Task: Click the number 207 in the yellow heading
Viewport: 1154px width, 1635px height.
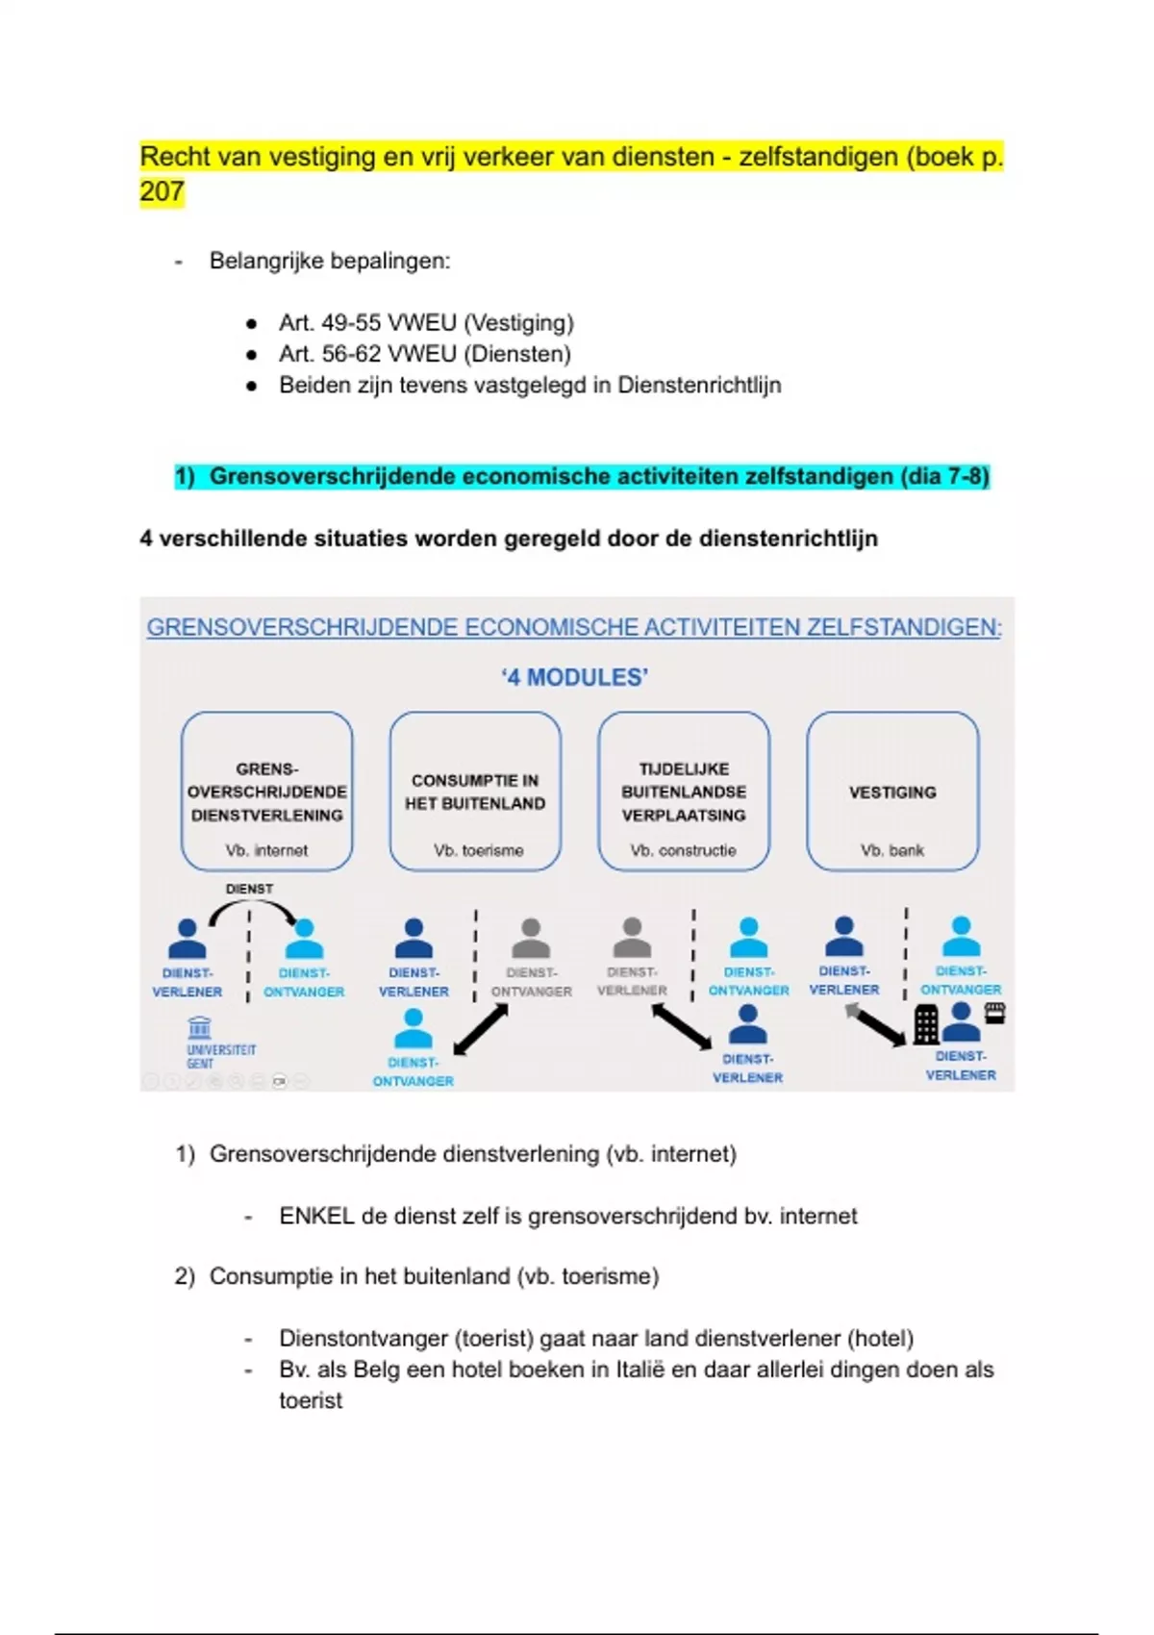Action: click(162, 191)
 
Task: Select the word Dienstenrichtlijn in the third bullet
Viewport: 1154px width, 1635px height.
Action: click(699, 386)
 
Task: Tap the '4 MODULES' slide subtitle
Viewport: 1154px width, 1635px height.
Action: click(575, 678)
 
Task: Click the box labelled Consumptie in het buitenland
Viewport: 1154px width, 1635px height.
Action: click(475, 791)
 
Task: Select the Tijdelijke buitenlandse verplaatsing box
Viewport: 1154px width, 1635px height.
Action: click(684, 791)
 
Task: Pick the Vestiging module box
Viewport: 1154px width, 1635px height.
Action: click(892, 791)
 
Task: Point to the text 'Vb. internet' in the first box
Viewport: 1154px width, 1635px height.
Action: click(266, 851)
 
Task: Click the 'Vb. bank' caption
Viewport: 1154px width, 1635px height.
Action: click(892, 851)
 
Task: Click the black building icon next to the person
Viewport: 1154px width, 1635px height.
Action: click(926, 1024)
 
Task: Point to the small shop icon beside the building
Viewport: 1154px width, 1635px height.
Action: click(995, 1012)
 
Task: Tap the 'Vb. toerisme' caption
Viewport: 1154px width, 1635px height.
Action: click(478, 851)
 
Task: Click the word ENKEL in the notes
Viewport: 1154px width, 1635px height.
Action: click(316, 1217)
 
